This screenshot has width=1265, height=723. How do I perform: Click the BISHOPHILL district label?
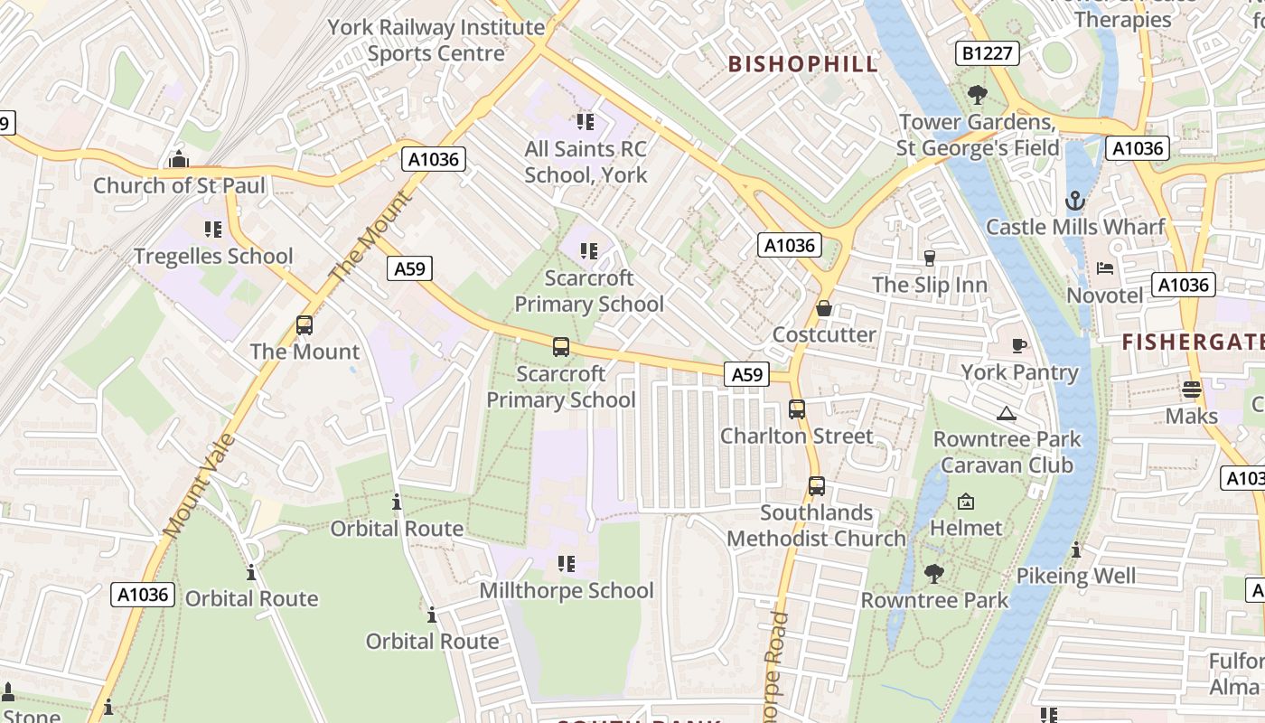point(802,64)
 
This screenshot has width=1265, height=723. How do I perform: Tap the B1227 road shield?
point(988,53)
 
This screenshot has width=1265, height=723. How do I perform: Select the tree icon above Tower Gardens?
point(977,94)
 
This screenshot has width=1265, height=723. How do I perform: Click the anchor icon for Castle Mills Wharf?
point(1075,200)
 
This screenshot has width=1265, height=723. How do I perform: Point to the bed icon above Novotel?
point(1105,268)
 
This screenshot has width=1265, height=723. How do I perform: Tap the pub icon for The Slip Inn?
point(929,258)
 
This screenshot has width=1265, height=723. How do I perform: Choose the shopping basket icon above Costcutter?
point(824,308)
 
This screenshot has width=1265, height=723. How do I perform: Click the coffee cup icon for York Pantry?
point(1019,345)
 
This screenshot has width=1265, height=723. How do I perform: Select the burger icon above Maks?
point(1192,390)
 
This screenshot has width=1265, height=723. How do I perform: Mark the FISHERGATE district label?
point(1192,342)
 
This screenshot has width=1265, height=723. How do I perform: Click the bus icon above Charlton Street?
point(796,409)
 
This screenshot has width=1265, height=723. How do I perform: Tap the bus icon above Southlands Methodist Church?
point(816,486)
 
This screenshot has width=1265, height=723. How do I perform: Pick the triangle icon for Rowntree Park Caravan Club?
point(1006,414)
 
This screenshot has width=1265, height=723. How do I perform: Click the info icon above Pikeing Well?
point(1075,549)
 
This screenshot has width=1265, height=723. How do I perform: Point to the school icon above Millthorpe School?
point(567,564)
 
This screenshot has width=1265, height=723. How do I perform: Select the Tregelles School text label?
point(213,257)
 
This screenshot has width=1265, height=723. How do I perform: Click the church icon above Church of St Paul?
point(179,160)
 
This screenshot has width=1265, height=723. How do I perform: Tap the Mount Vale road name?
point(201,486)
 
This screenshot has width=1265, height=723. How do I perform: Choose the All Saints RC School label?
point(586,162)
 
